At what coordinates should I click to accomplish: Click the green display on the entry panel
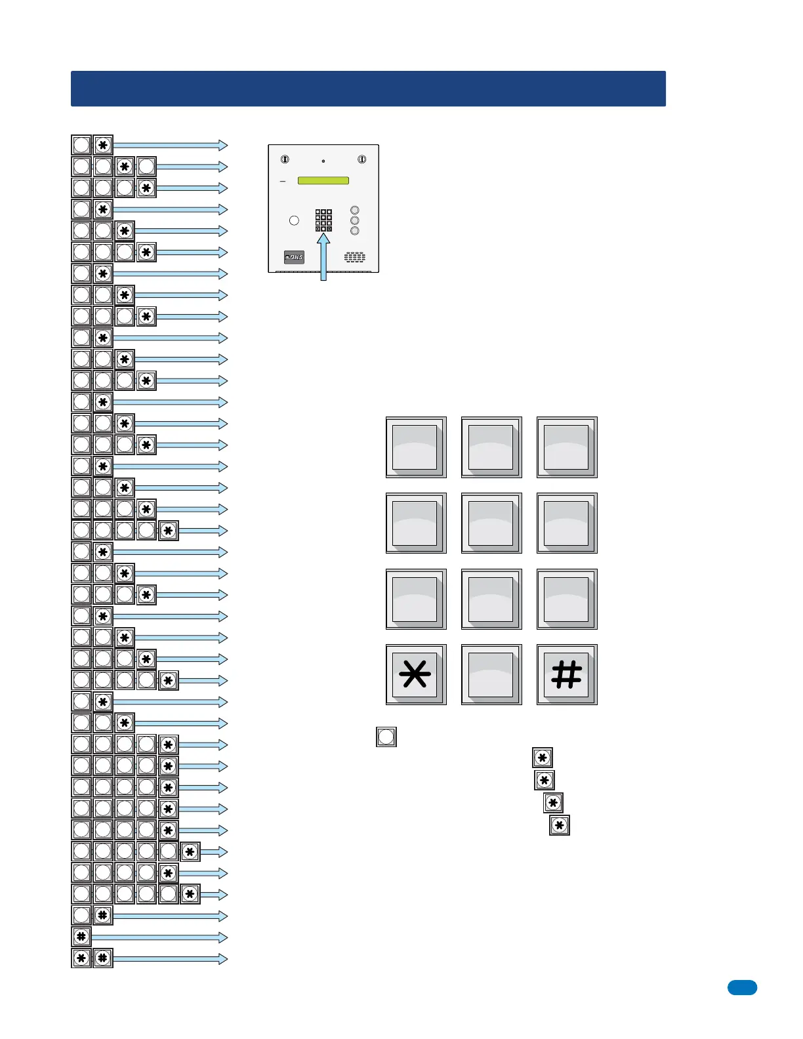pyautogui.click(x=323, y=180)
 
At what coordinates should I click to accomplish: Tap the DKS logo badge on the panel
pyautogui.click(x=294, y=257)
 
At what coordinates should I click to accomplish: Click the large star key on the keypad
pyautogui.click(x=416, y=674)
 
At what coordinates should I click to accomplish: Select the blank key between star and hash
pyautogui.click(x=491, y=674)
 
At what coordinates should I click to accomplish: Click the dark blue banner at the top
pyautogui.click(x=368, y=89)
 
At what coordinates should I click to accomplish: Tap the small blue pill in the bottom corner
pyautogui.click(x=742, y=987)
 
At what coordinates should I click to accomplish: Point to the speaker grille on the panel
pyautogui.click(x=355, y=257)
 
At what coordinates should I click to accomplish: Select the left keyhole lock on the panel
pyautogui.click(x=285, y=159)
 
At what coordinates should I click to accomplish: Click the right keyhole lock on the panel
pyautogui.click(x=361, y=159)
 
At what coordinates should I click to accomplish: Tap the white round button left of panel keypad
pyautogui.click(x=294, y=220)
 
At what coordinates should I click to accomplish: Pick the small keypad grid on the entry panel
pyautogui.click(x=323, y=220)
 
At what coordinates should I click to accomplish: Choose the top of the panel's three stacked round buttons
pyautogui.click(x=355, y=211)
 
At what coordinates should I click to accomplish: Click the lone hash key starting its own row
pyautogui.click(x=81, y=937)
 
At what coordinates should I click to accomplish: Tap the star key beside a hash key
pyautogui.click(x=81, y=958)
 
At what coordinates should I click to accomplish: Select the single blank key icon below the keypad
pyautogui.click(x=386, y=737)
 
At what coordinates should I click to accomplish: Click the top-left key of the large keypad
pyautogui.click(x=416, y=447)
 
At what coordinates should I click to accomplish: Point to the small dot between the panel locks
pyautogui.click(x=323, y=161)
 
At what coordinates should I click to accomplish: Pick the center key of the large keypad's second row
pyautogui.click(x=491, y=523)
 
